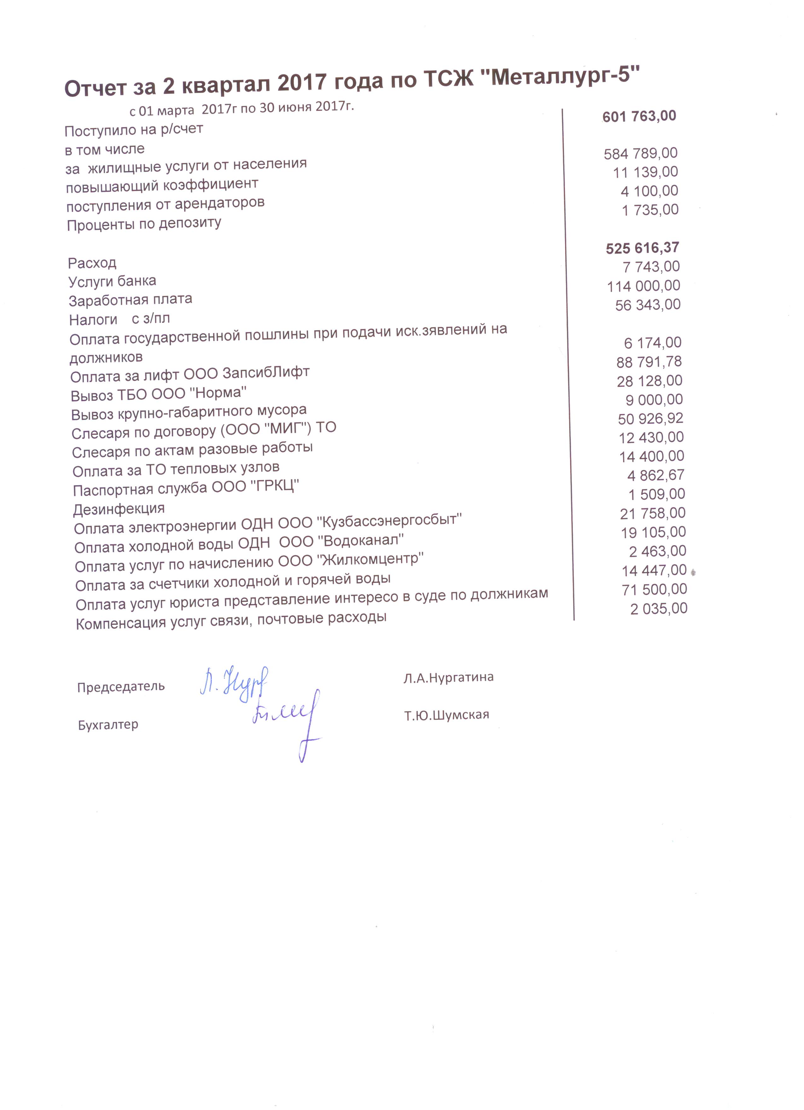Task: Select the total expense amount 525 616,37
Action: tap(642, 248)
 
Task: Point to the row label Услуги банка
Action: tap(112, 281)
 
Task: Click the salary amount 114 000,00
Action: tap(644, 286)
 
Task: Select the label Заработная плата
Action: tap(130, 300)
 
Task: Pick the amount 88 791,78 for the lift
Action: tap(649, 362)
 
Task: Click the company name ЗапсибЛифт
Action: tap(266, 373)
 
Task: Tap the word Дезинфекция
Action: tap(119, 509)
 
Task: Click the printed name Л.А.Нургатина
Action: tap(448, 677)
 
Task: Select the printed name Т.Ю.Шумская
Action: tap(446, 715)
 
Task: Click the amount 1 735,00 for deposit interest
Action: tap(650, 210)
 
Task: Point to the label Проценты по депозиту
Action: tap(144, 225)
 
